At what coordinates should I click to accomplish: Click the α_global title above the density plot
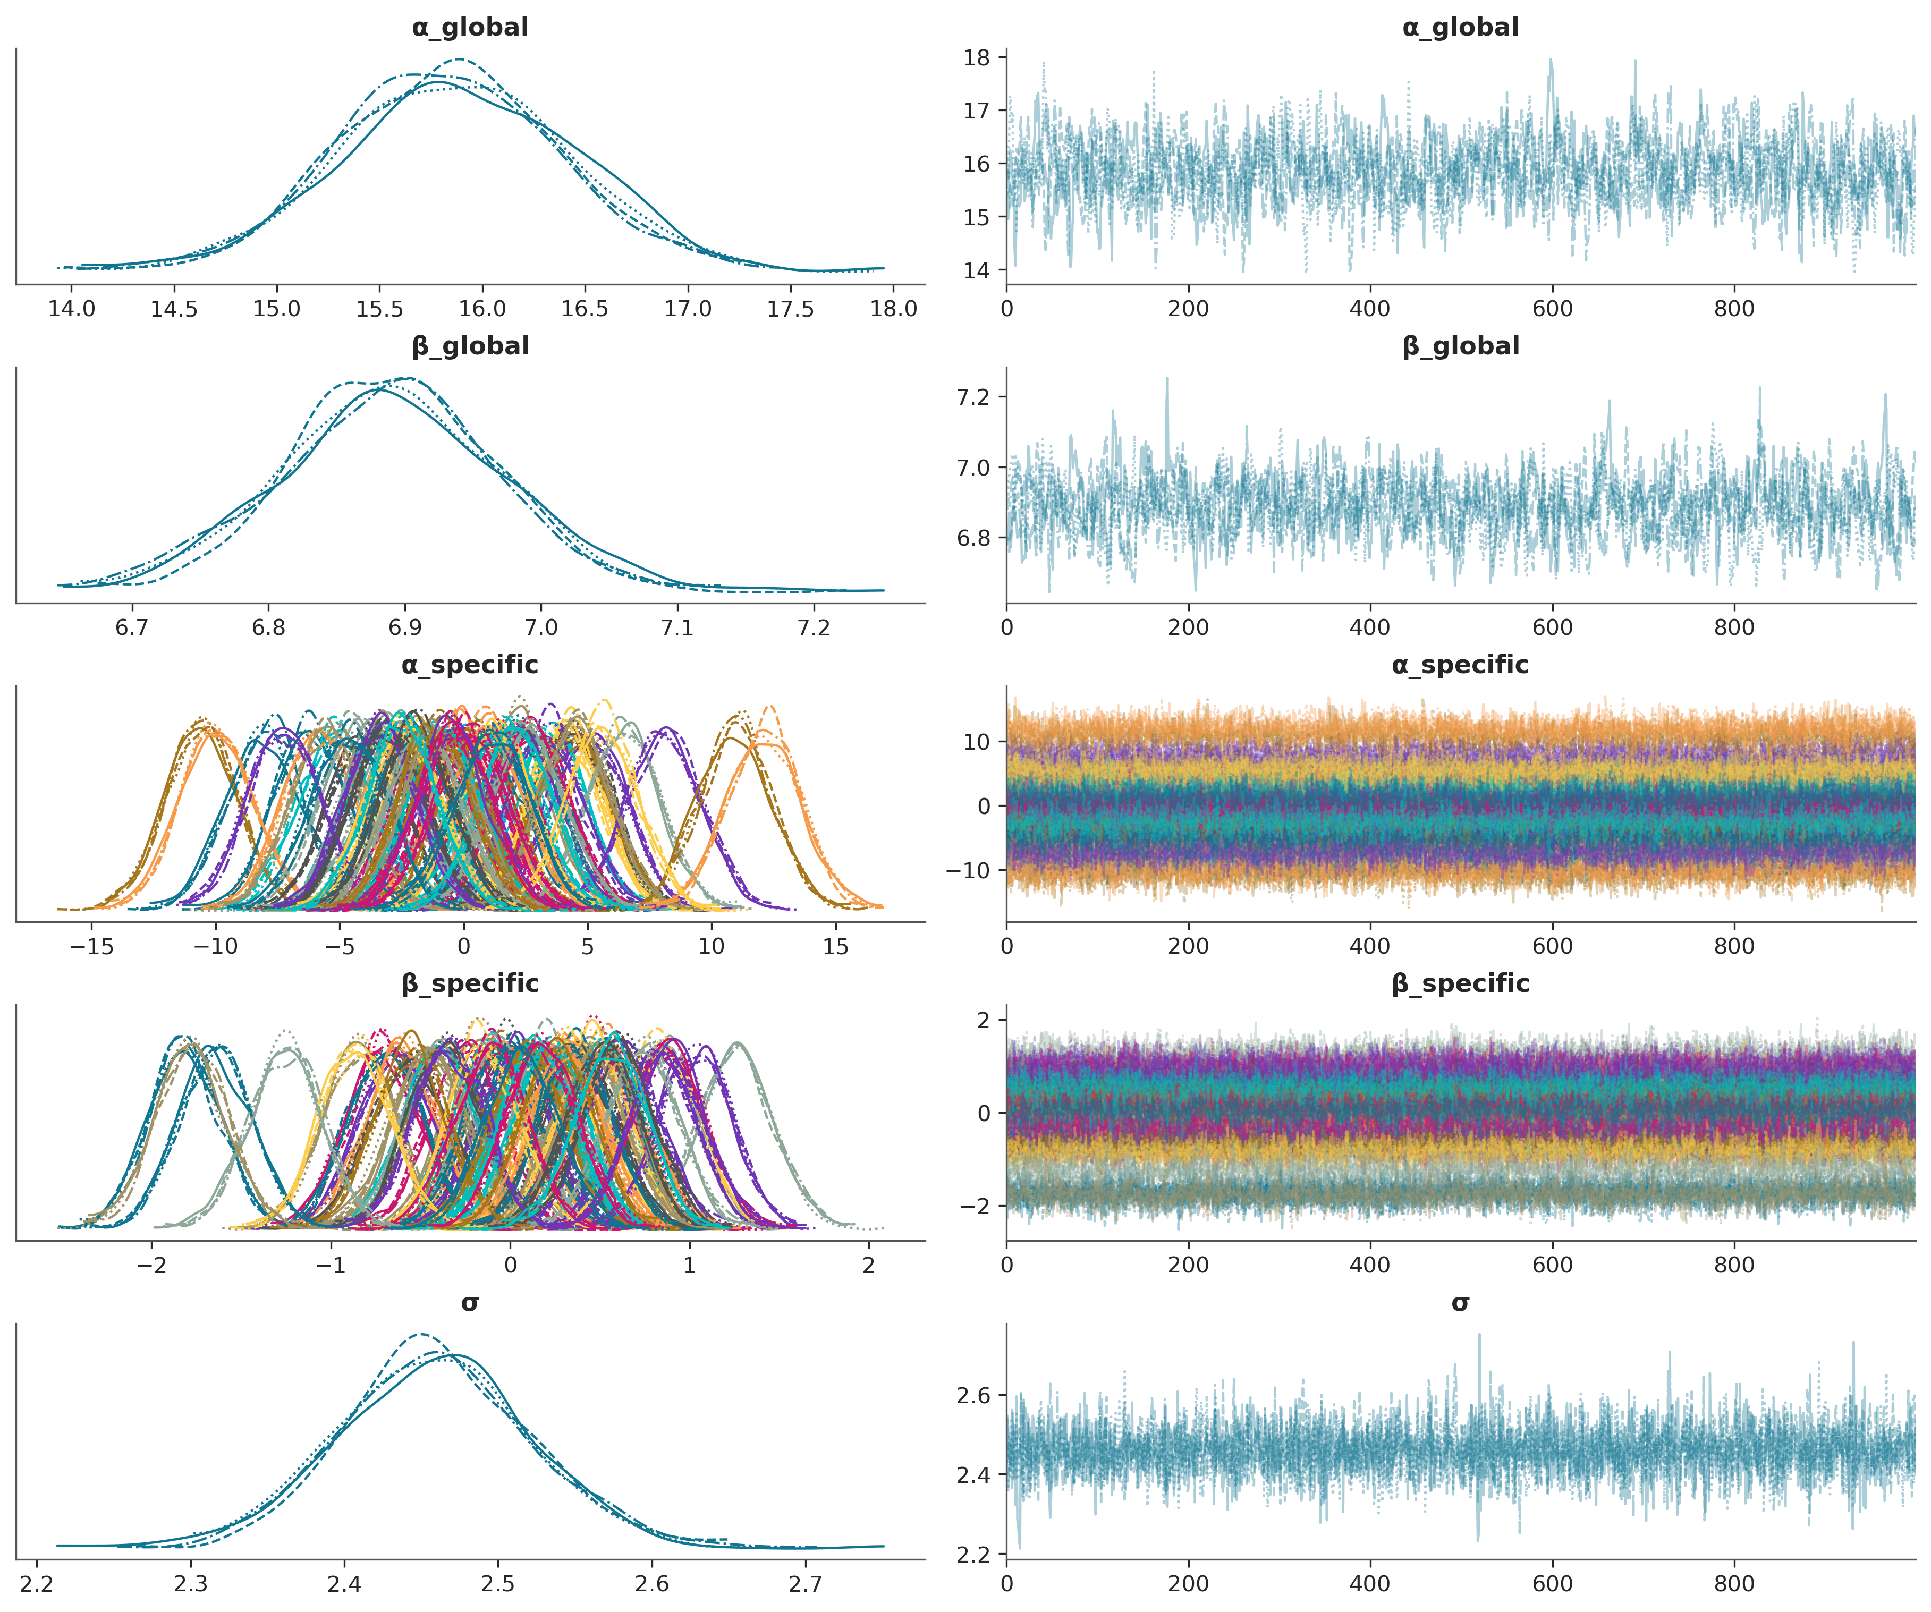470,28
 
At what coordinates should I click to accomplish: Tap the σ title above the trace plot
1460,1303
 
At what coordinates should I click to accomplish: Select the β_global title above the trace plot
1460,346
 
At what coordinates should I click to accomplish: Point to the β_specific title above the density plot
470,984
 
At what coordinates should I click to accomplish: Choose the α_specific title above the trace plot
1460,665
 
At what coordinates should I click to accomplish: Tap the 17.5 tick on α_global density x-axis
790,309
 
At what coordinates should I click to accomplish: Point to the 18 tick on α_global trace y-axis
977,58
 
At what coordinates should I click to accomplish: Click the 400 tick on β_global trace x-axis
1370,628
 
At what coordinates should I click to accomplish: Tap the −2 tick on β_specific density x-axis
152,1266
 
